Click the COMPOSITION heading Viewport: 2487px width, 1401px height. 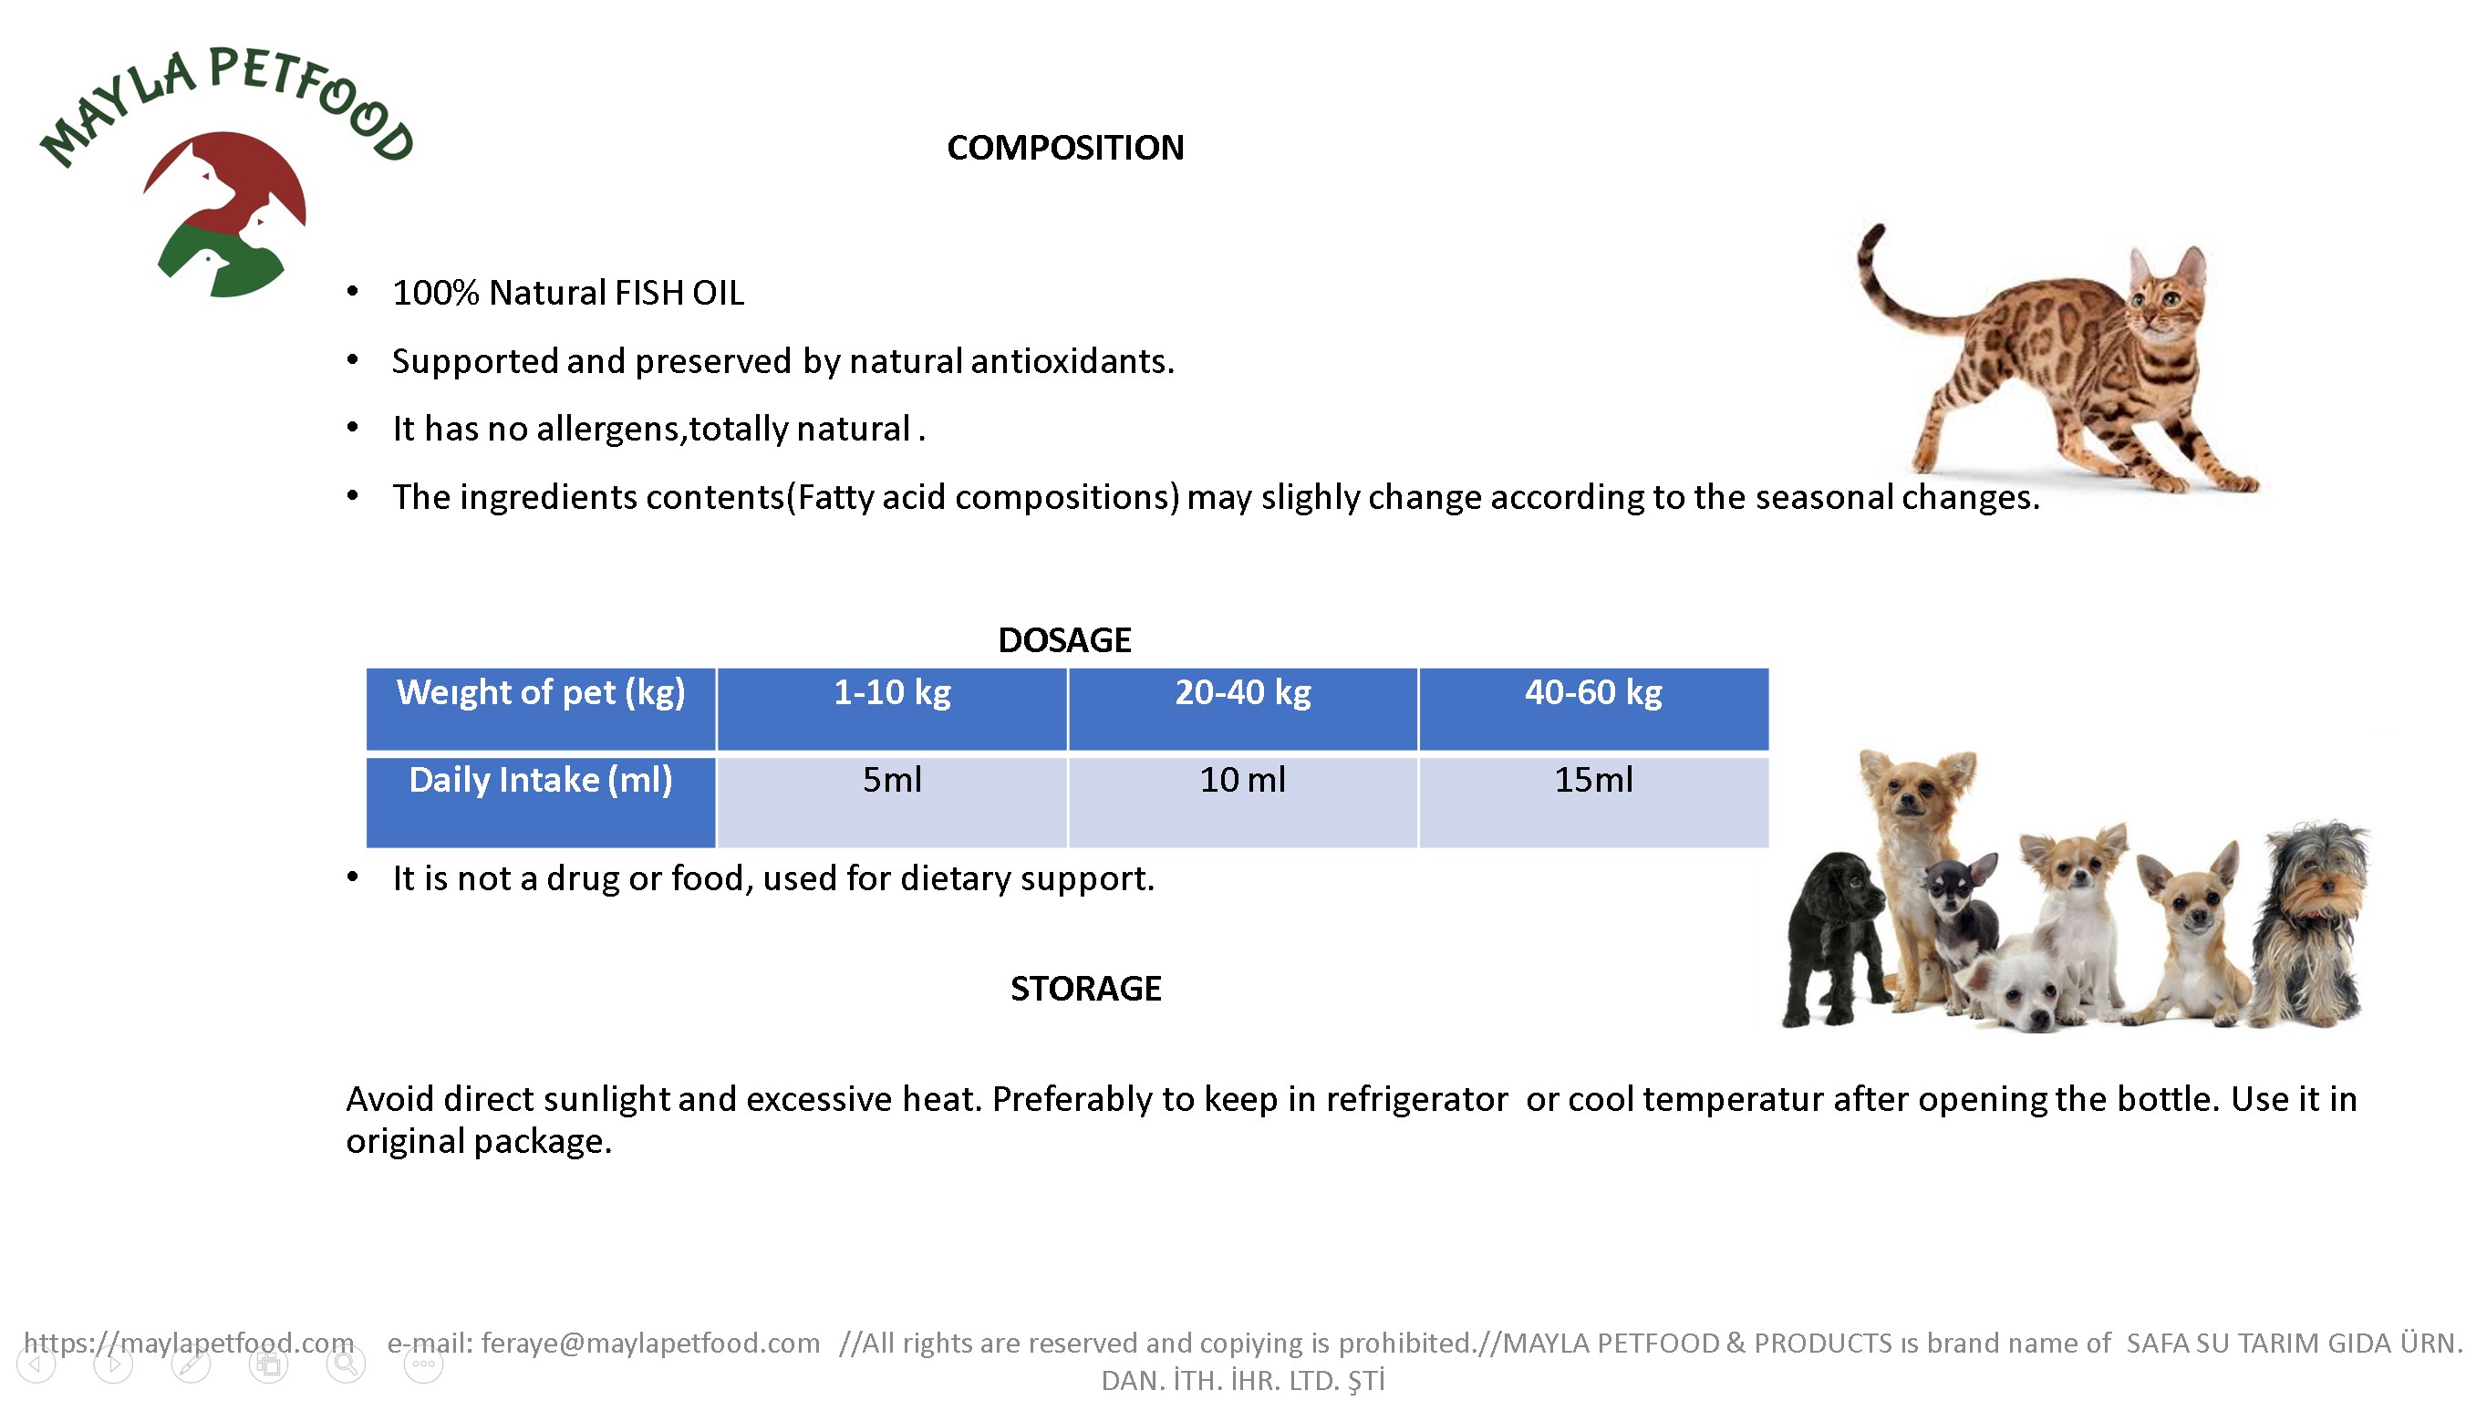tap(1065, 148)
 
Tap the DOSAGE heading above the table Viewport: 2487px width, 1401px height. tap(1064, 640)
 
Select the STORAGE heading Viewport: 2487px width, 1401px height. tap(1085, 989)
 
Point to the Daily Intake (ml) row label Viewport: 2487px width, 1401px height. tap(541, 780)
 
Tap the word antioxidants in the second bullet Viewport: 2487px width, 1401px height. tap(1072, 361)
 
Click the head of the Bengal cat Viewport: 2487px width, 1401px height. tap(2168, 293)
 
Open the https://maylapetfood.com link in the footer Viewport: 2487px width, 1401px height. tap(189, 1343)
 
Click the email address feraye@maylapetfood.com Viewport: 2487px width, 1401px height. tap(651, 1343)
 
